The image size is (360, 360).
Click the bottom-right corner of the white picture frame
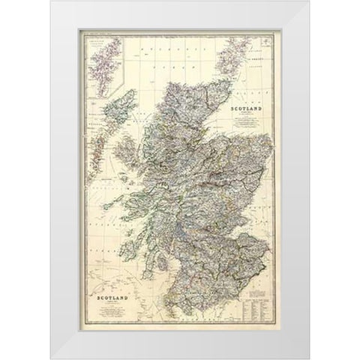[x=308, y=358]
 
